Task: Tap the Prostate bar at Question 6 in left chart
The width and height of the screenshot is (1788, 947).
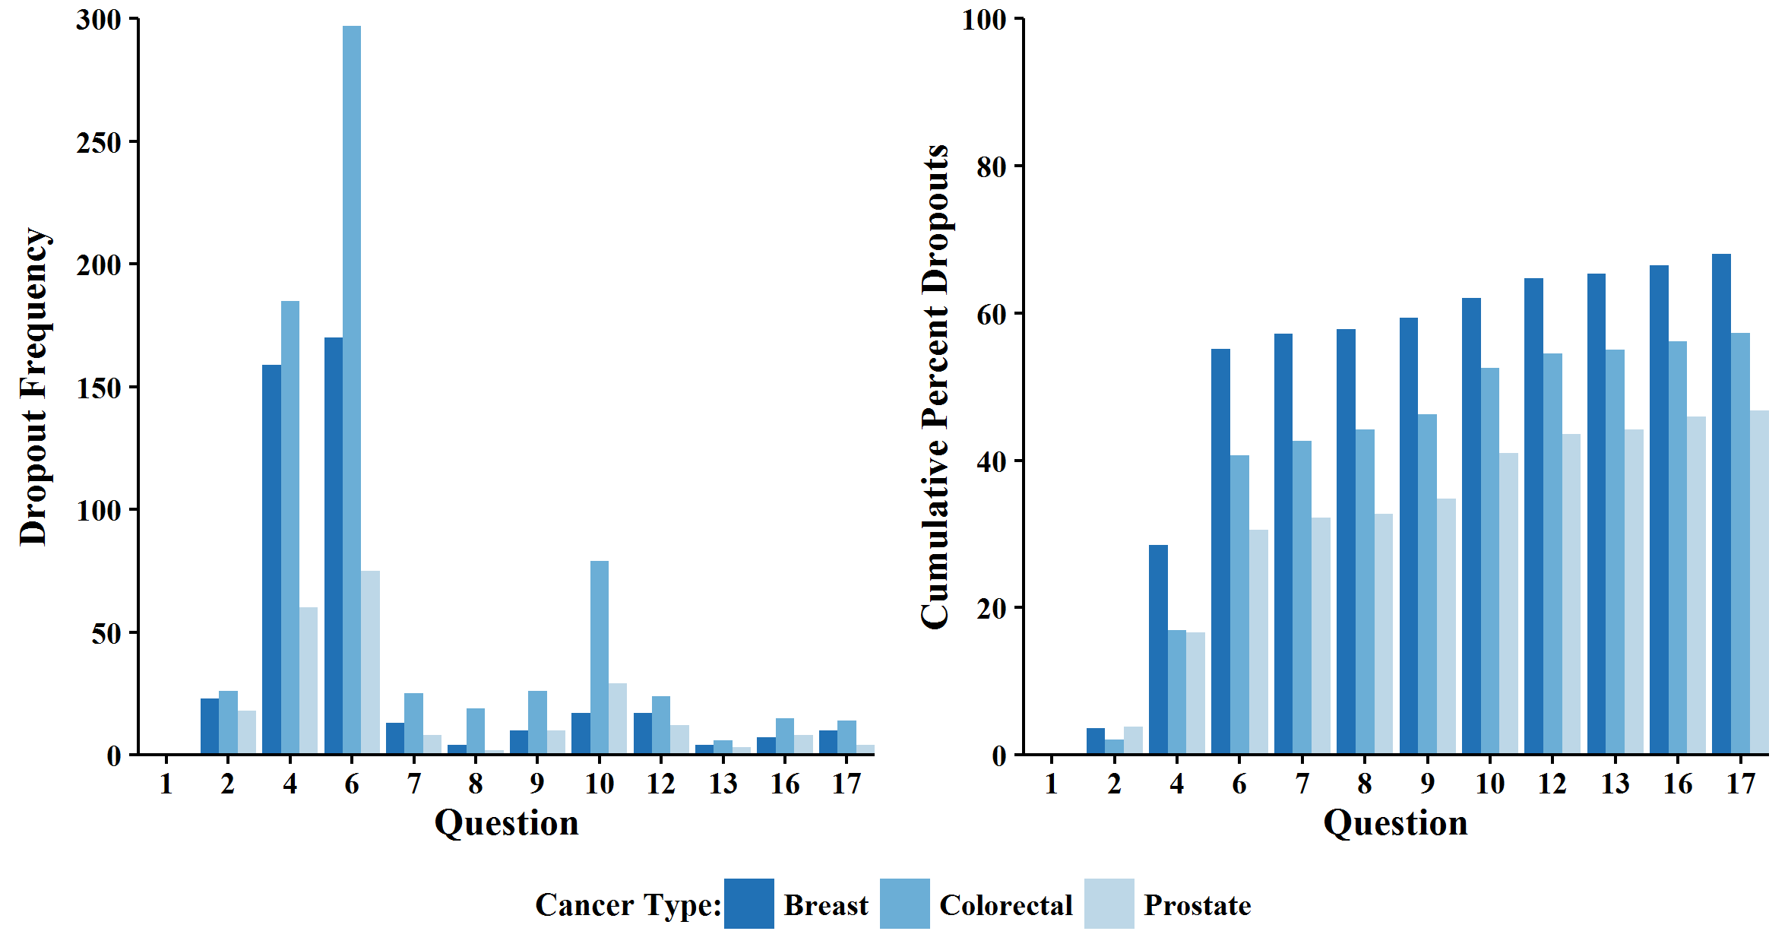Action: coord(370,662)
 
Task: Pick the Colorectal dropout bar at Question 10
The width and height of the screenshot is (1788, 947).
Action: coord(600,657)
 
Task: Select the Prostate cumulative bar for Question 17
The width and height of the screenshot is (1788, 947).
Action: coord(1759,582)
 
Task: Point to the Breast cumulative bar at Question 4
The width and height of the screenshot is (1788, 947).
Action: coord(1158,649)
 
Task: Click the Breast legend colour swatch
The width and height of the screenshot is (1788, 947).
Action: coord(748,904)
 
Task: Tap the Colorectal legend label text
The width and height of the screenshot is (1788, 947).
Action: coord(1005,905)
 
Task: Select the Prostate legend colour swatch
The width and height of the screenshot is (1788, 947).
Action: coord(1109,904)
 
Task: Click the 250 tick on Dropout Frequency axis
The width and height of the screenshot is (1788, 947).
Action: coord(99,142)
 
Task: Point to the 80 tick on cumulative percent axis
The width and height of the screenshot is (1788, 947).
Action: coord(992,166)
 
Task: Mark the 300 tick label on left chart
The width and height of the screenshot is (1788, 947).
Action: coord(99,20)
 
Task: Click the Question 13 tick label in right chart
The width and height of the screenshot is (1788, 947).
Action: coord(1615,784)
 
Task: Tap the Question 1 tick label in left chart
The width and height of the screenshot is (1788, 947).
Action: coord(166,784)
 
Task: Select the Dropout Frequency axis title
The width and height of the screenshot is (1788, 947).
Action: coord(33,386)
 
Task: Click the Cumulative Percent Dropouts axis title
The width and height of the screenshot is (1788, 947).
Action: coord(935,386)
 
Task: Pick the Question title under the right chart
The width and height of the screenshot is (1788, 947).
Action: coord(1395,823)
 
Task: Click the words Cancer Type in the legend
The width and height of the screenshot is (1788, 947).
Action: coord(628,905)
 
